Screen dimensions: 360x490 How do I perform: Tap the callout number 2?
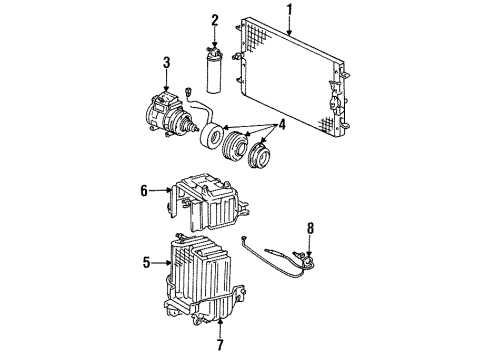click(x=214, y=19)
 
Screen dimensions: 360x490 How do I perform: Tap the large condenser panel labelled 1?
click(x=290, y=75)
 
